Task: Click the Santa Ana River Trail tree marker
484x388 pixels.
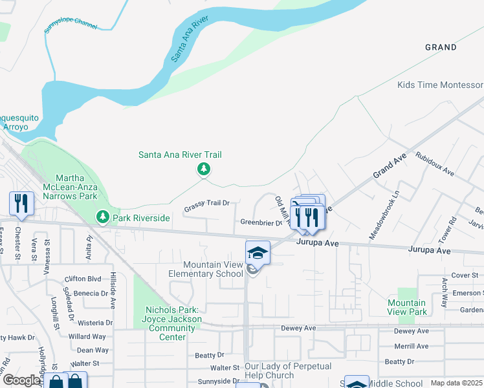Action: click(204, 169)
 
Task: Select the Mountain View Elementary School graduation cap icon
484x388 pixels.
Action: click(257, 253)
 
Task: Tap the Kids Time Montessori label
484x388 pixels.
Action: click(440, 85)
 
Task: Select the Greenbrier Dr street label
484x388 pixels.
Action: click(261, 222)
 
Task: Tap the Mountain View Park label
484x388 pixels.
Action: click(407, 307)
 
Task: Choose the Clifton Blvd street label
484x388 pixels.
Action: click(83, 279)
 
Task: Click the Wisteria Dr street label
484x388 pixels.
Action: click(94, 322)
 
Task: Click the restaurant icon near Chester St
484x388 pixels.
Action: click(21, 203)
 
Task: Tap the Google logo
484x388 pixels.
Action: click(21, 380)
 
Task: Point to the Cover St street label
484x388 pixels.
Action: click(465, 275)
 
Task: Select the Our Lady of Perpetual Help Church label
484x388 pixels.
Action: click(288, 371)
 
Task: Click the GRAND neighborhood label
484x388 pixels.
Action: click(441, 47)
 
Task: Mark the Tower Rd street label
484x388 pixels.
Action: click(446, 229)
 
